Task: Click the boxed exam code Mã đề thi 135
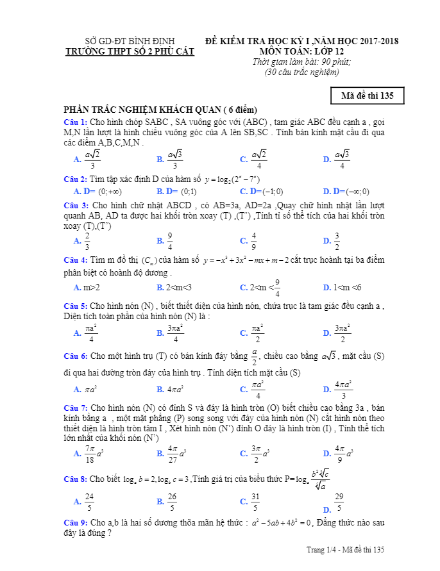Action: pos(368,96)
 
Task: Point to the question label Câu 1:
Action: pos(76,122)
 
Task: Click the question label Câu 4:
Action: pos(76,260)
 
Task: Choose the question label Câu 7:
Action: pos(76,408)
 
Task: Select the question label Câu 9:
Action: pos(76,523)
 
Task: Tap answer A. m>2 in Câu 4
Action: pos(87,288)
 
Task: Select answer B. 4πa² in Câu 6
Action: pos(170,389)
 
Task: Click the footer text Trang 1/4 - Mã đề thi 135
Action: pos(345,550)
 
